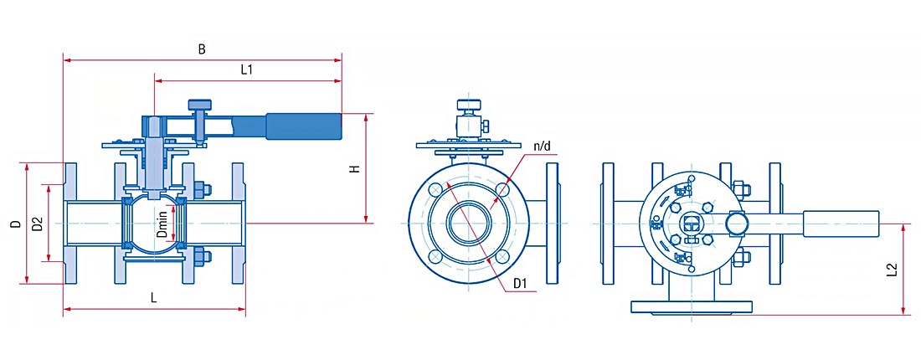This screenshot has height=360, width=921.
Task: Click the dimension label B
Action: tap(202, 50)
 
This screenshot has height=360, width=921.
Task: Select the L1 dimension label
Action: tap(247, 69)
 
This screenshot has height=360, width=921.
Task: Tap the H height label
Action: tap(354, 169)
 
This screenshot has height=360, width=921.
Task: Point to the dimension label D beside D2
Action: tap(17, 224)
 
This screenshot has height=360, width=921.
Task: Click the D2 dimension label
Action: tap(37, 224)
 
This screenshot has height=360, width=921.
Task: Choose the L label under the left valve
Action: tap(154, 298)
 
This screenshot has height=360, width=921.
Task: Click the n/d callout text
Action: tap(543, 147)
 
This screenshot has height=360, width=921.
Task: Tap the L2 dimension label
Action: tap(892, 270)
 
